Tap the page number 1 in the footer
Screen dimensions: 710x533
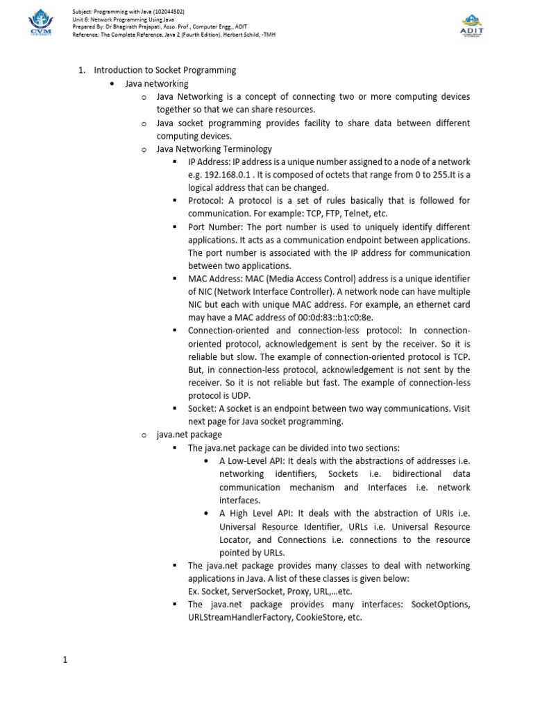pos(65,660)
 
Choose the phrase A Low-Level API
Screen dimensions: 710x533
pos(251,461)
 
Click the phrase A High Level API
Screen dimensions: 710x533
pos(253,514)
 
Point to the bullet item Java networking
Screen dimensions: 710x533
pos(156,84)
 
